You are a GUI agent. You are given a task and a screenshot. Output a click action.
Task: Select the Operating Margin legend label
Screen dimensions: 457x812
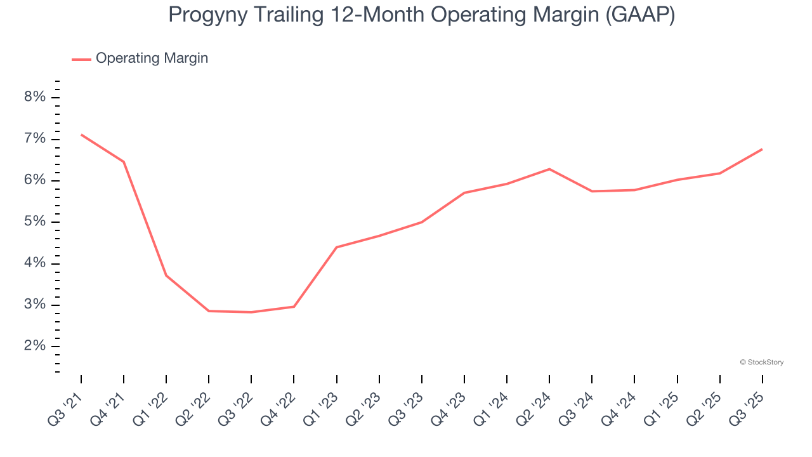coord(152,58)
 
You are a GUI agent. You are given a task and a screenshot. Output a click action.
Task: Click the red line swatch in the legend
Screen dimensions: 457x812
coord(81,59)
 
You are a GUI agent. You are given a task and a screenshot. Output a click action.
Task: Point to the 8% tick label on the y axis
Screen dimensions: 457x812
coord(35,97)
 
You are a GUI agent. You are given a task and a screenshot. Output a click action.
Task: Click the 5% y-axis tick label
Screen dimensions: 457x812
coord(35,222)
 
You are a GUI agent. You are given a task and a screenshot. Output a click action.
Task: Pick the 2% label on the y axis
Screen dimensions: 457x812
coord(35,347)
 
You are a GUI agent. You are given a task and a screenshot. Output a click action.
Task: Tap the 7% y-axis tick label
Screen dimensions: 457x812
coord(35,139)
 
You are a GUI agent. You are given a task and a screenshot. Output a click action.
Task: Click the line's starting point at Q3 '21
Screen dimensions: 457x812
coord(81,135)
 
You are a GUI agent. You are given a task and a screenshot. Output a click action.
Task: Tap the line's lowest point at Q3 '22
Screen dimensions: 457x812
coord(251,312)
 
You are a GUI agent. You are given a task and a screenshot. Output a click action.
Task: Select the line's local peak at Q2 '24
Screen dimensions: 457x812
coord(549,169)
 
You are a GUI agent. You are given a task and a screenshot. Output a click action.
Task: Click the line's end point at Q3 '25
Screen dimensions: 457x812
coord(762,149)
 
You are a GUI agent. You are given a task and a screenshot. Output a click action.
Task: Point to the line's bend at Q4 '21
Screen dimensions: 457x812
coord(124,162)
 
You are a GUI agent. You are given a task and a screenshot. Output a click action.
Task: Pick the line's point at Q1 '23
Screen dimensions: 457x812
coord(336,247)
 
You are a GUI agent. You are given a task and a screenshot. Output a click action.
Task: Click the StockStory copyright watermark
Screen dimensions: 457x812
coord(761,362)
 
